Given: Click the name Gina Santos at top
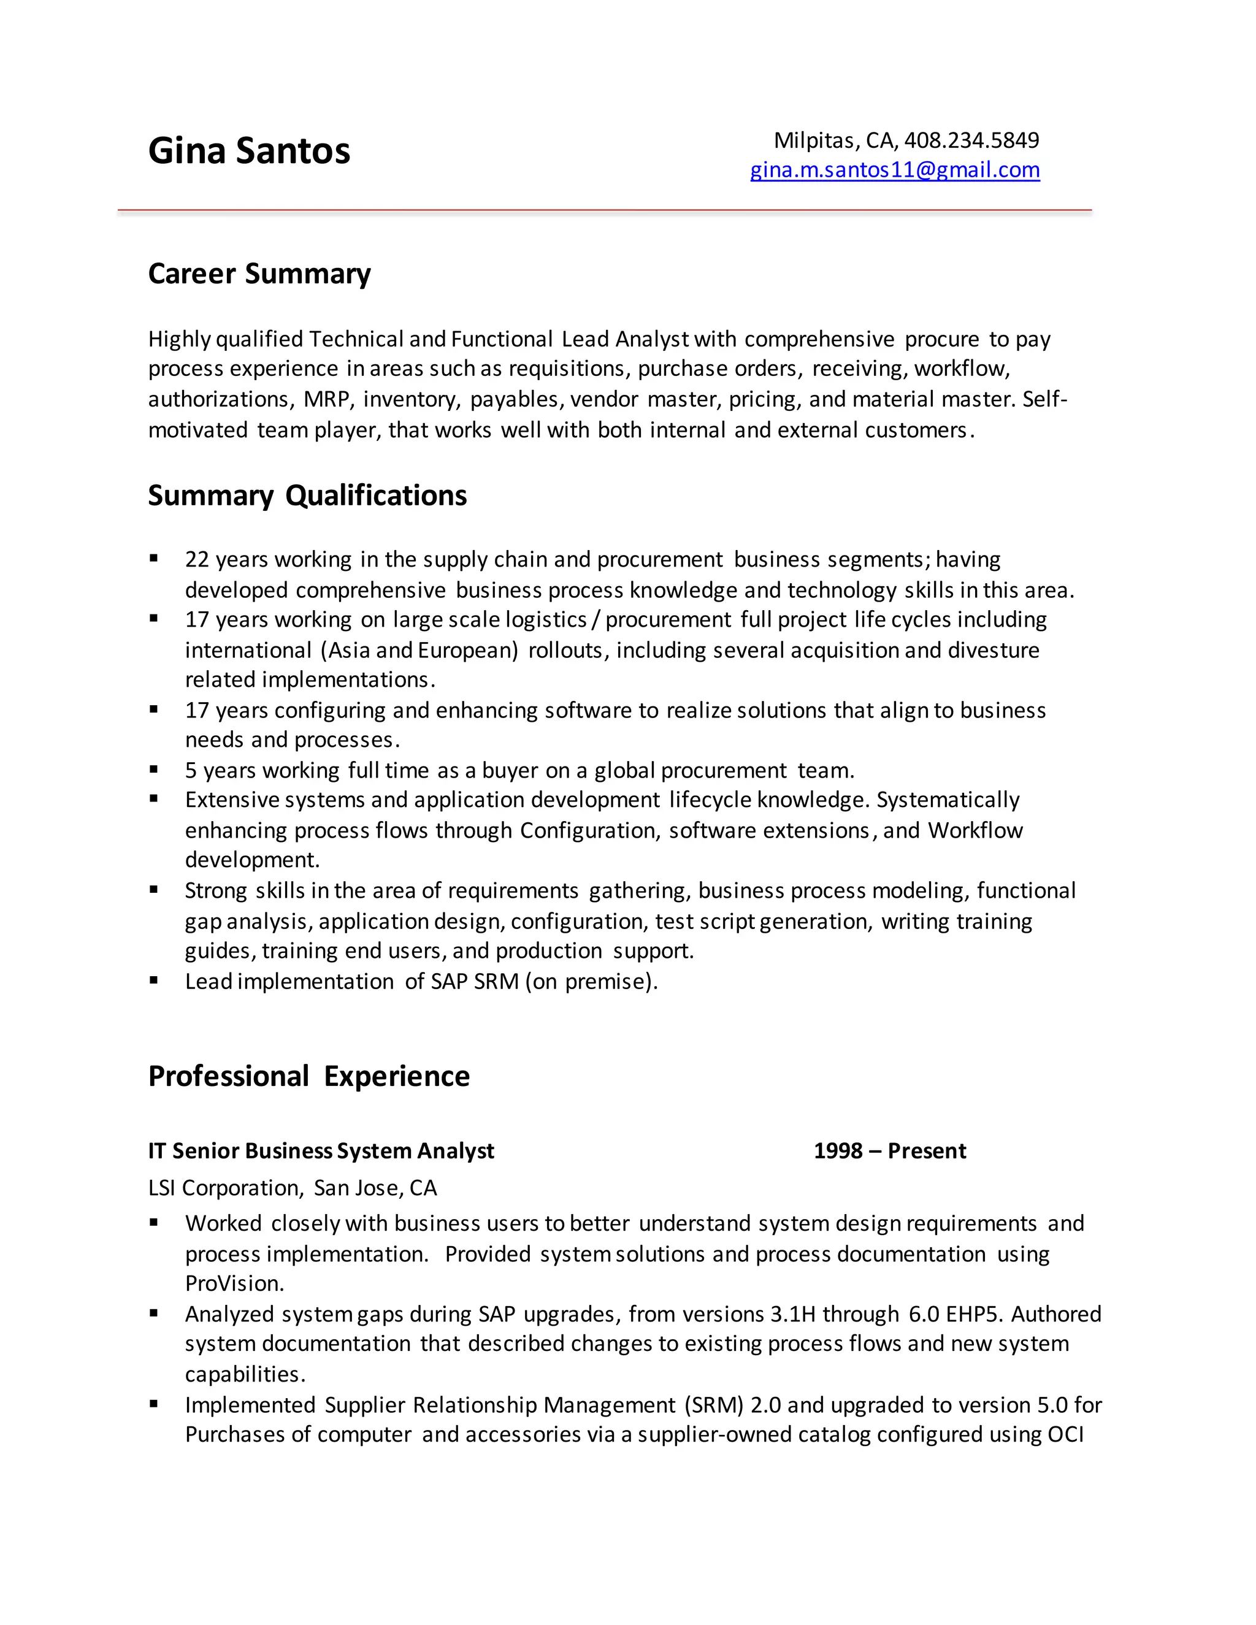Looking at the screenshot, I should (x=248, y=150).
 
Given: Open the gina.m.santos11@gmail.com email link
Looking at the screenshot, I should (x=894, y=170).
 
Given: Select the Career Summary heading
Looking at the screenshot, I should (x=259, y=274).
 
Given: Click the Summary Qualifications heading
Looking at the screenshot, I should (x=307, y=495).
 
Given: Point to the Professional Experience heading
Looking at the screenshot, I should (x=309, y=1076).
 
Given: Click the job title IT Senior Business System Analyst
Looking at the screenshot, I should (x=321, y=1151).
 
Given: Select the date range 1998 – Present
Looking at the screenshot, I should (x=889, y=1151).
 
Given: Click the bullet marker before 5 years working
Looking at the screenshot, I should (x=154, y=770).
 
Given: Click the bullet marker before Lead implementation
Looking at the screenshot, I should (x=154, y=981).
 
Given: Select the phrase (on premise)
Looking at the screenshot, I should (x=592, y=982).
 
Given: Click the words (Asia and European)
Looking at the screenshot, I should (x=419, y=650).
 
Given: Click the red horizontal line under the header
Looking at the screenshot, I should (x=604, y=210).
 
